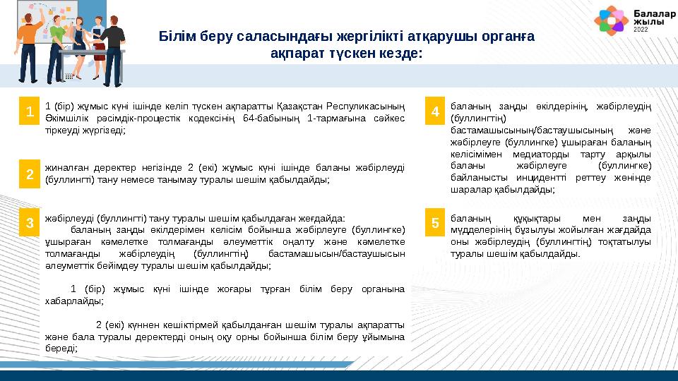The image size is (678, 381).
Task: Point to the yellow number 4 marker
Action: click(x=435, y=111)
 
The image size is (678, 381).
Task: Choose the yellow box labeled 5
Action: click(x=435, y=224)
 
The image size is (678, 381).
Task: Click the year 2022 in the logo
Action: click(x=641, y=32)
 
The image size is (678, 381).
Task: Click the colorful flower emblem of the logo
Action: click(x=611, y=20)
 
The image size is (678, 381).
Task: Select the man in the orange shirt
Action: click(x=28, y=39)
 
